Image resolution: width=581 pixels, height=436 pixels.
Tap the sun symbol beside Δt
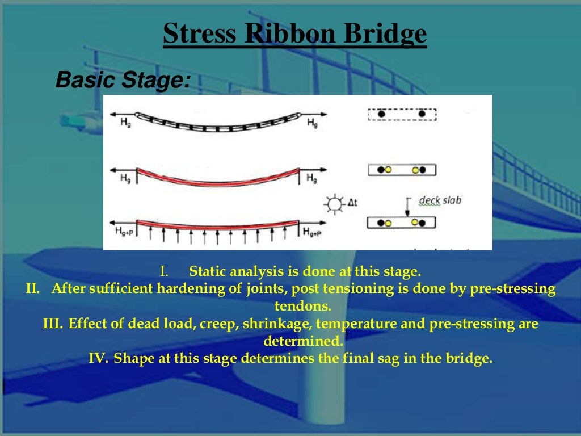[335, 203]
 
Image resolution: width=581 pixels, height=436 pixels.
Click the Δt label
[352, 202]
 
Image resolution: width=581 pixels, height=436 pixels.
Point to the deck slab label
[440, 200]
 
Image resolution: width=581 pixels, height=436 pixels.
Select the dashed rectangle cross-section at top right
[402, 114]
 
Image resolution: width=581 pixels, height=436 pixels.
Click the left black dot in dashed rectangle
[382, 114]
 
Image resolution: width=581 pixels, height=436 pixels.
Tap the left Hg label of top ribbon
[124, 123]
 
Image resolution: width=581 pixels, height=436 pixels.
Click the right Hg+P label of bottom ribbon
[314, 232]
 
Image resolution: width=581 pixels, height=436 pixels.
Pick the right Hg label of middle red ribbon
[311, 178]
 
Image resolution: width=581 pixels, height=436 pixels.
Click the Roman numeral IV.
[99, 359]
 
